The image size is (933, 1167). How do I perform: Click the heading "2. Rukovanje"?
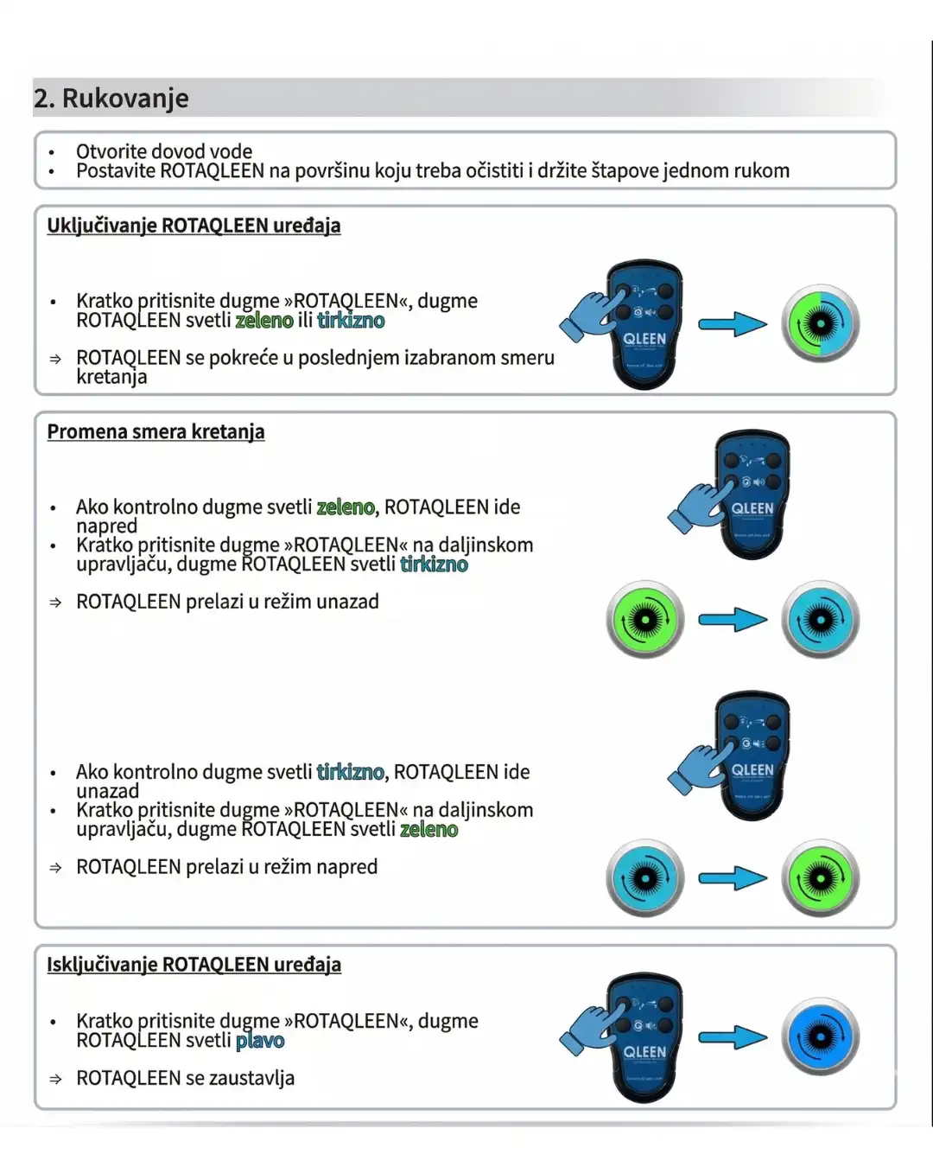pyautogui.click(x=111, y=99)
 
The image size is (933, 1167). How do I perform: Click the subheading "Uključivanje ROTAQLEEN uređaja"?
pyautogui.click(x=194, y=226)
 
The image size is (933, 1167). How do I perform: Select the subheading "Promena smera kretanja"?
pyautogui.click(x=155, y=432)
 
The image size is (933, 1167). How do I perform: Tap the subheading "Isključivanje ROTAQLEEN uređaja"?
pyautogui.click(x=194, y=965)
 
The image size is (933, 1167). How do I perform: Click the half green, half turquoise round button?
pyautogui.click(x=820, y=324)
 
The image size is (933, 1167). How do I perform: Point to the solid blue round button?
pyautogui.click(x=820, y=1036)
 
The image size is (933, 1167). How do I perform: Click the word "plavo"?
pyautogui.click(x=259, y=1041)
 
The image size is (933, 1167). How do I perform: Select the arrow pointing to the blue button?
pyautogui.click(x=732, y=1036)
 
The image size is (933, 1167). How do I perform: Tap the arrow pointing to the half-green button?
pyautogui.click(x=732, y=325)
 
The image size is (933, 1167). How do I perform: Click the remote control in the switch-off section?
pyautogui.click(x=645, y=1037)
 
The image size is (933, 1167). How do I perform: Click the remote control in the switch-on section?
pyautogui.click(x=645, y=325)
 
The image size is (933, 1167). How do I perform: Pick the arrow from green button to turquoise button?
pyautogui.click(x=732, y=620)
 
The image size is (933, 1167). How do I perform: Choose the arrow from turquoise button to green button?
pyautogui.click(x=732, y=879)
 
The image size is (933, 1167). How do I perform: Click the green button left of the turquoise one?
pyautogui.click(x=644, y=620)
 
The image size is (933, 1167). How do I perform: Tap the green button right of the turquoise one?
pyautogui.click(x=820, y=879)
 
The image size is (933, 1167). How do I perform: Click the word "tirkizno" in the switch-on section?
pyautogui.click(x=351, y=321)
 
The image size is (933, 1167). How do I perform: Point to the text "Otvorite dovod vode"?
pyautogui.click(x=164, y=151)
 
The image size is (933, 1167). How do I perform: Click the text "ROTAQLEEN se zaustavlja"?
pyautogui.click(x=185, y=1078)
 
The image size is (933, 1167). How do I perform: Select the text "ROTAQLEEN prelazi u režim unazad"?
pyautogui.click(x=227, y=602)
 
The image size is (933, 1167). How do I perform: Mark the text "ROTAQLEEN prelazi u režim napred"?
pyautogui.click(x=226, y=867)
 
